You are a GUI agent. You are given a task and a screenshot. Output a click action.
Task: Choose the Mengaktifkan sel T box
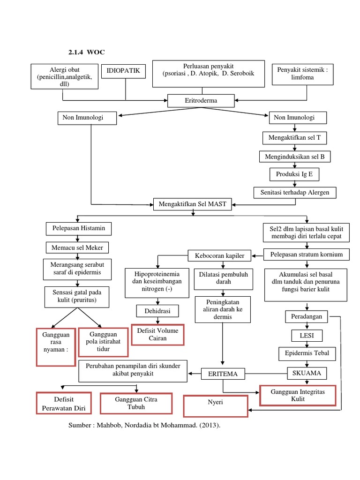294,138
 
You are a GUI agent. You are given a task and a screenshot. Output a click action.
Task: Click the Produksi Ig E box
294,174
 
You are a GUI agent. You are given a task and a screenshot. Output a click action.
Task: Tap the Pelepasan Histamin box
79,229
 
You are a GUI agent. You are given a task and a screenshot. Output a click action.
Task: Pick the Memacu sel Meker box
77,247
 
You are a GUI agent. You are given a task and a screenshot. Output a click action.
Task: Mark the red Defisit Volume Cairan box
157,334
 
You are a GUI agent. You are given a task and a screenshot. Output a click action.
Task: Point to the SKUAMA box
307,373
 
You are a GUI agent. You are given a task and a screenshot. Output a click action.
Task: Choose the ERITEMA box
223,374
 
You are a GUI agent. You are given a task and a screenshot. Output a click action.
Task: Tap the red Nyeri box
215,406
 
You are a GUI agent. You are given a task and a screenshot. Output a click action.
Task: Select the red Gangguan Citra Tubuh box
136,403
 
